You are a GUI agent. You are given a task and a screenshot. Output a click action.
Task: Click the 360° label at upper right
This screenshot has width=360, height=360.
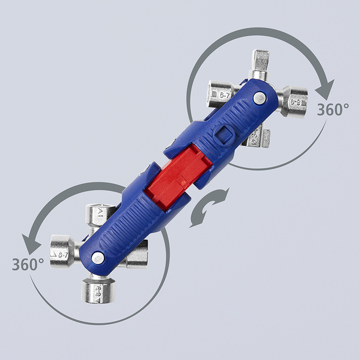(333, 110)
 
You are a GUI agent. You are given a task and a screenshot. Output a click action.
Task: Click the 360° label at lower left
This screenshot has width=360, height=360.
(27, 264)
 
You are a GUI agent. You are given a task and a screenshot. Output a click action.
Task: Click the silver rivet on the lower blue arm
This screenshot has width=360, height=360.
(98, 258)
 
